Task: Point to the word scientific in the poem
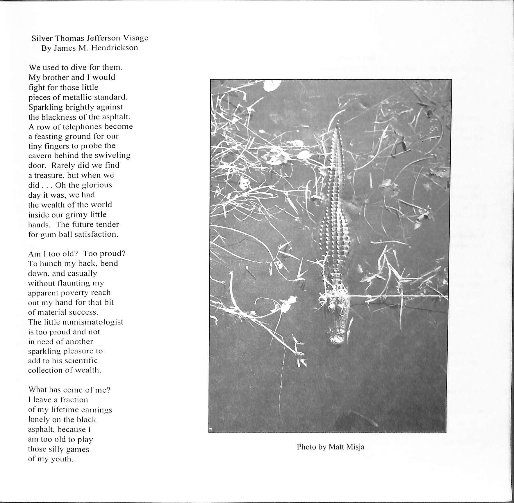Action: pos(81,361)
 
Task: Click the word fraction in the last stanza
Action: pos(74,400)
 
